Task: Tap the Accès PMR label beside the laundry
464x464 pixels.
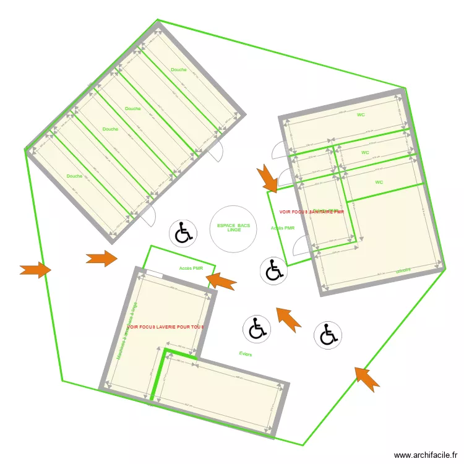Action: [x=191, y=269]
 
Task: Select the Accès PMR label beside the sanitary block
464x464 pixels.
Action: [x=282, y=228]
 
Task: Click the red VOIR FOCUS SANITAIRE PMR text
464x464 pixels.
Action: [x=311, y=212]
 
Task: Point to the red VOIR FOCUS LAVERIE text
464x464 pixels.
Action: [x=165, y=327]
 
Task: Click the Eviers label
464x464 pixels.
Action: [x=245, y=353]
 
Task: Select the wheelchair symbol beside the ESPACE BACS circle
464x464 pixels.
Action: [x=183, y=233]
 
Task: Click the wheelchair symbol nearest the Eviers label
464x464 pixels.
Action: [x=256, y=329]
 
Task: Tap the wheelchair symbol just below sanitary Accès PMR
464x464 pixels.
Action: [x=273, y=270]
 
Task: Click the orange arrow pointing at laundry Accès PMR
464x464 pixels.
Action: [x=221, y=281]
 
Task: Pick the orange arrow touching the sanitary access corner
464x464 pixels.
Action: [x=268, y=178]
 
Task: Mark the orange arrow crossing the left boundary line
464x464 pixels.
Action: [x=36, y=270]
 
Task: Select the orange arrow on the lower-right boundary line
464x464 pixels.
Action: [x=367, y=379]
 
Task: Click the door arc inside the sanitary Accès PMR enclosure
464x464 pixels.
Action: [x=299, y=245]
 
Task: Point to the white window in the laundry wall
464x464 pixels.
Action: [x=153, y=275]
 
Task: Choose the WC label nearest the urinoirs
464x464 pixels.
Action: [x=379, y=183]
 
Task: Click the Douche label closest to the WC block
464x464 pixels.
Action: [x=179, y=70]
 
